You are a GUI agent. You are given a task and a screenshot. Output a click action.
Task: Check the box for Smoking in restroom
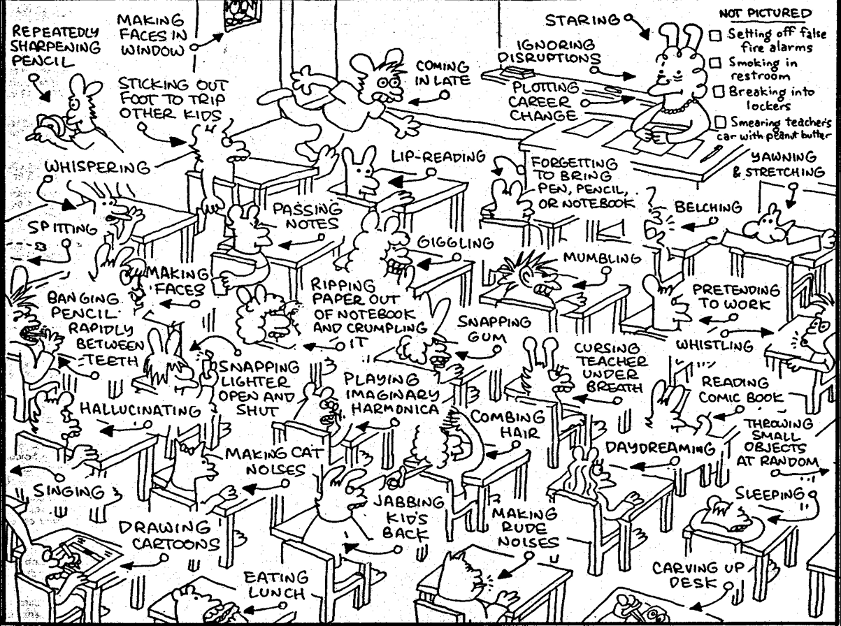(715, 62)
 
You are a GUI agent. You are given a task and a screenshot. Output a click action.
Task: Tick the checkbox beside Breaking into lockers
(718, 92)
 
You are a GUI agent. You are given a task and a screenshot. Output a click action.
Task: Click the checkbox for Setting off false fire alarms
(716, 35)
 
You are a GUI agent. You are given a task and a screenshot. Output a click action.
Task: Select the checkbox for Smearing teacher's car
(721, 122)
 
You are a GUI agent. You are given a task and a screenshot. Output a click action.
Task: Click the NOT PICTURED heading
(765, 14)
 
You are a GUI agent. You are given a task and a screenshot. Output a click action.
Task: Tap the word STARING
(583, 20)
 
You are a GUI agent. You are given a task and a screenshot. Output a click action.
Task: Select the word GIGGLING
(456, 242)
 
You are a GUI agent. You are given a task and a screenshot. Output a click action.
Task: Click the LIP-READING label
(438, 156)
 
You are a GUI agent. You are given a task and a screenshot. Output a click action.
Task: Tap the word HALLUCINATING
(140, 410)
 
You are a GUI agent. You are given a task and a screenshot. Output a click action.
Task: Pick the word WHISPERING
(97, 167)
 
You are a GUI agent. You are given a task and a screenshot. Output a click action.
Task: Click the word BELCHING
(708, 208)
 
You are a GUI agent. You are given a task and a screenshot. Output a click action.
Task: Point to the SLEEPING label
(770, 494)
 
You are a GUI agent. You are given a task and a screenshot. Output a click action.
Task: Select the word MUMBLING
(602, 258)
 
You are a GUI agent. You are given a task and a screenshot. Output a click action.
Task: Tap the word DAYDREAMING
(660, 449)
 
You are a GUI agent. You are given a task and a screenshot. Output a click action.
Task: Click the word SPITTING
(62, 228)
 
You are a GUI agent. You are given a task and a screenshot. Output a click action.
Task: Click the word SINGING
(69, 491)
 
